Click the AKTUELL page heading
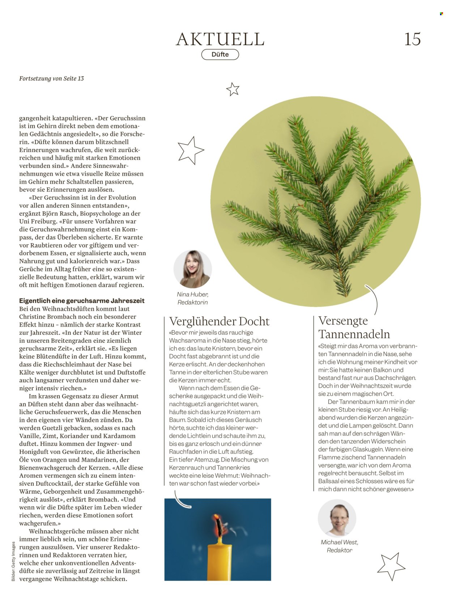coord(220,39)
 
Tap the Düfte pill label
coord(220,55)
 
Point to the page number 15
coord(412,39)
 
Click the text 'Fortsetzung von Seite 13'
coord(51,79)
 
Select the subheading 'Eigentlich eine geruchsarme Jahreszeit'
coord(82,301)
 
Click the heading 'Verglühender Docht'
coord(219,321)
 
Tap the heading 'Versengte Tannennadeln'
coord(354,327)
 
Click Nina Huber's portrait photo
coord(192,269)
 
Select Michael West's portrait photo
coord(337,518)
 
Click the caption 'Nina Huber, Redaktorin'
coord(192,299)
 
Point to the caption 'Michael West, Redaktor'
coord(339,546)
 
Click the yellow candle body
coord(219,561)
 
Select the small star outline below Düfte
coord(233,89)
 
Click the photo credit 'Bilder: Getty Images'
coord(13,561)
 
